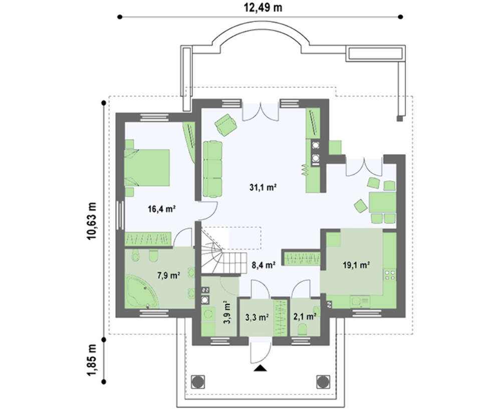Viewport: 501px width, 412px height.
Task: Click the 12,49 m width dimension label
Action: click(x=263, y=8)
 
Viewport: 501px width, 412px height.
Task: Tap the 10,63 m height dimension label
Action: click(x=92, y=221)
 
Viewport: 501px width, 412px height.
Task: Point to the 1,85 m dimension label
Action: click(x=92, y=360)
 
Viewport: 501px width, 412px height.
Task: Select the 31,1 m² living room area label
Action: click(x=263, y=187)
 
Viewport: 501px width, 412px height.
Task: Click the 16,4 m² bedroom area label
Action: click(x=162, y=209)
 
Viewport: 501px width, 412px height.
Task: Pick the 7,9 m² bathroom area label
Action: click(x=169, y=275)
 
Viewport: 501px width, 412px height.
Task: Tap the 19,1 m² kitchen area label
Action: click(x=356, y=265)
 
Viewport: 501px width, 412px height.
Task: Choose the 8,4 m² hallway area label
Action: click(x=264, y=265)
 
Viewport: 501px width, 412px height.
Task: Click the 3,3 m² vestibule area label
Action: click(x=257, y=317)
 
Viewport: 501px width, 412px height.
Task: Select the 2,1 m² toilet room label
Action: click(x=305, y=317)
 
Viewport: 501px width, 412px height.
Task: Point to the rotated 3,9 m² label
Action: click(x=227, y=312)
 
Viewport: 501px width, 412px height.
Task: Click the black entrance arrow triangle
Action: click(x=261, y=368)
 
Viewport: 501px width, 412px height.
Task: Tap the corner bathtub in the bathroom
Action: click(x=142, y=292)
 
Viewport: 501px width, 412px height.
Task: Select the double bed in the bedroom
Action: click(x=147, y=168)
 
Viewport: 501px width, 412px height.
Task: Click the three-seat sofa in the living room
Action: click(x=212, y=169)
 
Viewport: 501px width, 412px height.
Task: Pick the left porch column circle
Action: click(x=198, y=381)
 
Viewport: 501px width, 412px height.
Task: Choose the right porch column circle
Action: click(x=323, y=381)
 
